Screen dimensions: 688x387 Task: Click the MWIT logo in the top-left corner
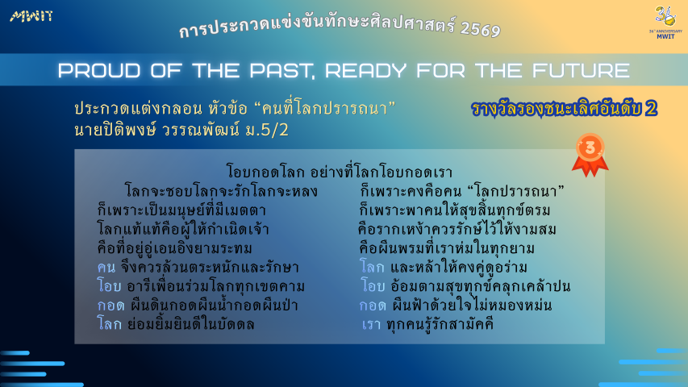(x=31, y=17)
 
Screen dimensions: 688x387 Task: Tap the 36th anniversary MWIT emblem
(x=665, y=23)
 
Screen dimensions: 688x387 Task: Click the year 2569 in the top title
(x=481, y=29)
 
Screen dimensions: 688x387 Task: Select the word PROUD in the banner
(x=99, y=70)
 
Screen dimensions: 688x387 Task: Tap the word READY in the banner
(x=366, y=70)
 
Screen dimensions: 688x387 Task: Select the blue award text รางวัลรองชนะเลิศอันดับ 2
(x=565, y=109)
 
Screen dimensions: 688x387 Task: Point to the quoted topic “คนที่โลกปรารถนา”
(x=325, y=108)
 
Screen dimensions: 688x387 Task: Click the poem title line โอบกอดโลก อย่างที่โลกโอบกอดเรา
(x=340, y=172)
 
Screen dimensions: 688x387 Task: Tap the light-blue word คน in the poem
(x=106, y=267)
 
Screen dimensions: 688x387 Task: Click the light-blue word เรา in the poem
(x=371, y=325)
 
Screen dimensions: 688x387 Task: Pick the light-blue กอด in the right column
(x=373, y=306)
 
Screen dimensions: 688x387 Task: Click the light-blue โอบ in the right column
(x=373, y=286)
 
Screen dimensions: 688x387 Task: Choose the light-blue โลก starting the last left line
(x=109, y=324)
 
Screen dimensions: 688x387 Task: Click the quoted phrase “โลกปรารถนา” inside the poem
(x=515, y=191)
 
